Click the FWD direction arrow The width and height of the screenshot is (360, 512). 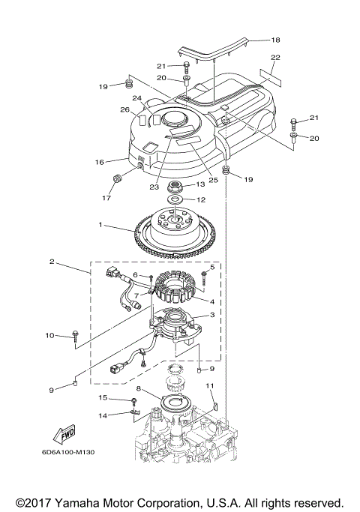click(x=64, y=434)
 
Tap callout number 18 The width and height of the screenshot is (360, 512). click(x=275, y=40)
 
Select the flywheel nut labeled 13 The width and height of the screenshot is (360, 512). click(x=174, y=187)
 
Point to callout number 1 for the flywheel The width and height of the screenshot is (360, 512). click(x=100, y=225)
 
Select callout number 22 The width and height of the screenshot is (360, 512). click(x=275, y=57)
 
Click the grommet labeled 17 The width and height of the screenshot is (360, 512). click(x=117, y=179)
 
